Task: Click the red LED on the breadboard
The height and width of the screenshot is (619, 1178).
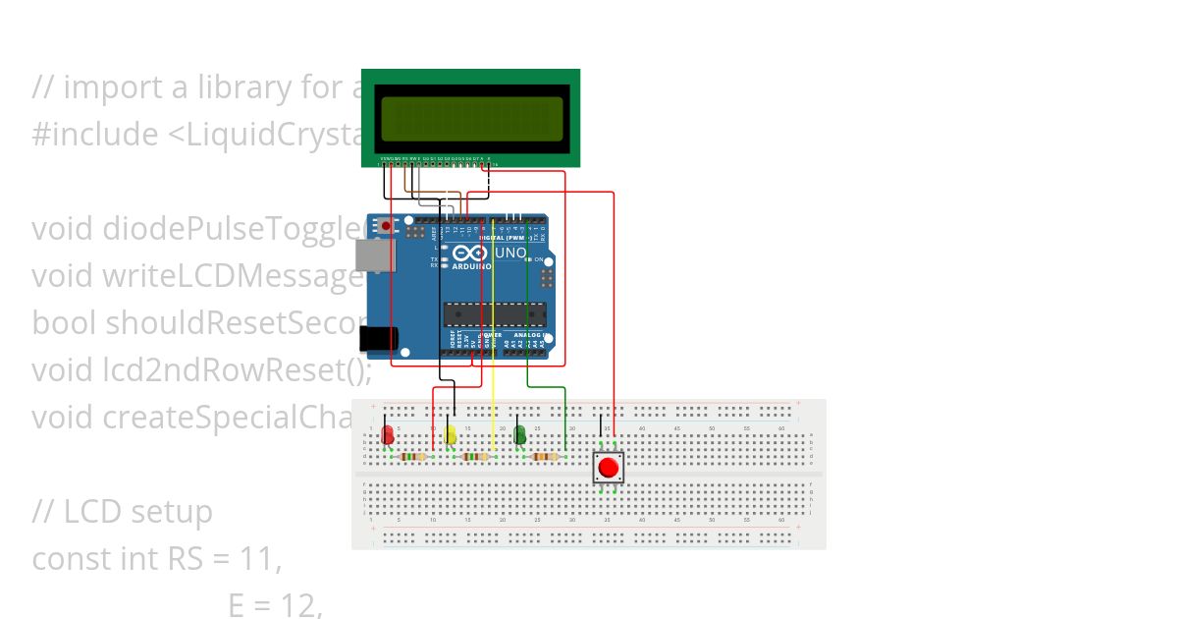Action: coord(388,434)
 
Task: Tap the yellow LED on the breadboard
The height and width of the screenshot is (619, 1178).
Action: coord(450,434)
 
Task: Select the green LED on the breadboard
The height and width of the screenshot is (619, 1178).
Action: coord(520,434)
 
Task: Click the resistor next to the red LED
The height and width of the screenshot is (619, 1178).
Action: coord(414,457)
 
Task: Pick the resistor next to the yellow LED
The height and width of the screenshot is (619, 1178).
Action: coord(476,457)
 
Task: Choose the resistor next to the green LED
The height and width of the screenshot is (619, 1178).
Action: coord(545,457)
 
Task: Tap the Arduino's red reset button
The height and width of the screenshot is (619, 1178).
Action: coord(386,226)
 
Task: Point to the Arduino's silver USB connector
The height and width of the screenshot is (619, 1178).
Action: coord(377,257)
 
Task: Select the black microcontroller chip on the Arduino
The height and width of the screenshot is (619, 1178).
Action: coord(495,314)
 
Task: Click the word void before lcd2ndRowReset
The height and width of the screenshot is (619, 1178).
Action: coord(63,370)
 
